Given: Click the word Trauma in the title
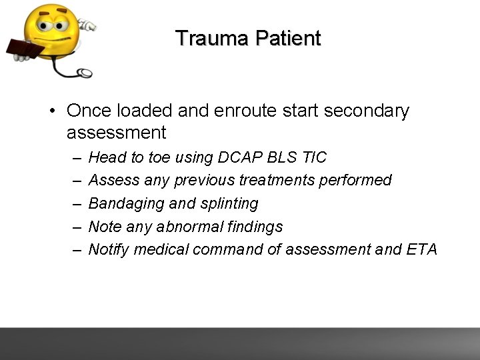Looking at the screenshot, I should coord(209,38).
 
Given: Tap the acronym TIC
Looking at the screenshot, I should coord(315,158).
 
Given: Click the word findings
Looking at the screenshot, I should coord(254,227).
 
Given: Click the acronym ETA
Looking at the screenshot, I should coord(420,249).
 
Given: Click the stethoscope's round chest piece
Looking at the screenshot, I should coord(85,73).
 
